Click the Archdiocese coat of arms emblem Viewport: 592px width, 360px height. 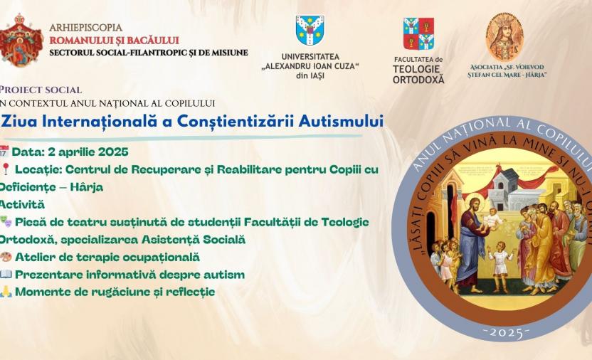(x=21, y=41)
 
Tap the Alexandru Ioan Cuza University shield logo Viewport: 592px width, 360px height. (x=310, y=30)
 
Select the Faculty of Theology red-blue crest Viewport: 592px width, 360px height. (x=418, y=34)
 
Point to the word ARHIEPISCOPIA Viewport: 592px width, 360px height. (x=85, y=28)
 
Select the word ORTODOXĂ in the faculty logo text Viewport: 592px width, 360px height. (x=418, y=80)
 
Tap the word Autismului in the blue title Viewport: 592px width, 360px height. (x=341, y=121)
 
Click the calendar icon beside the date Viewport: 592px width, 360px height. (x=4, y=152)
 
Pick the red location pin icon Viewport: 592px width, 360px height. (x=5, y=169)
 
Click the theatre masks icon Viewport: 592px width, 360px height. (x=5, y=222)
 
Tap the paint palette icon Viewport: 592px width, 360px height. (x=6, y=257)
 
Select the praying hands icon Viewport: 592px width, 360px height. (x=6, y=292)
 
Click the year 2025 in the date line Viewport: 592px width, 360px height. (x=113, y=152)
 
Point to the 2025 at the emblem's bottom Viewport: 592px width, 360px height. (x=507, y=332)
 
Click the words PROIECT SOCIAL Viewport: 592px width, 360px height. (x=41, y=90)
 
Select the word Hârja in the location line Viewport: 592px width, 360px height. (x=87, y=187)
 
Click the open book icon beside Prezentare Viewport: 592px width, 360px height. (x=6, y=275)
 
